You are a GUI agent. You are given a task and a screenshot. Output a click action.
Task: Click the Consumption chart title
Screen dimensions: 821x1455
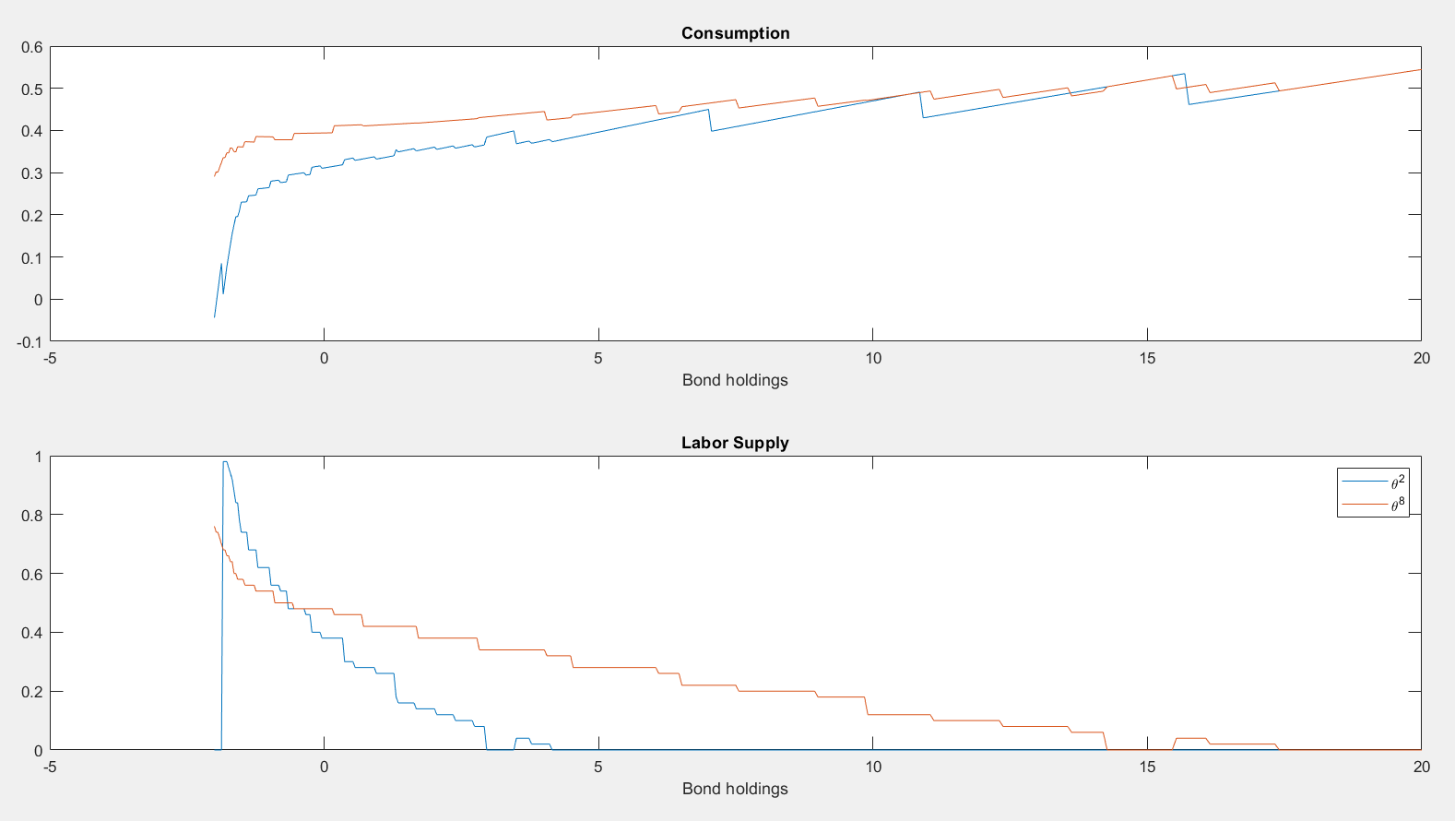(735, 33)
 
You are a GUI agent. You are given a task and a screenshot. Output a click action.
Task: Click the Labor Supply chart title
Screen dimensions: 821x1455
(735, 443)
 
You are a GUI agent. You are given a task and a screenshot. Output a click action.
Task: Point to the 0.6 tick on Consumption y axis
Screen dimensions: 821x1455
(32, 47)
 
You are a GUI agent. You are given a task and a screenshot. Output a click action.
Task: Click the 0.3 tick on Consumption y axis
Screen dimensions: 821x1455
(32, 173)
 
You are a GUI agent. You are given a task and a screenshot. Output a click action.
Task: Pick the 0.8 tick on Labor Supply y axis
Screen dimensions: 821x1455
(32, 515)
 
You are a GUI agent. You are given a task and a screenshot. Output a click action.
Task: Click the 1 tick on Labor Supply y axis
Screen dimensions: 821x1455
(38, 457)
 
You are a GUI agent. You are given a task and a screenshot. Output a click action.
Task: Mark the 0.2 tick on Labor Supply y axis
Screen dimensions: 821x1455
(32, 692)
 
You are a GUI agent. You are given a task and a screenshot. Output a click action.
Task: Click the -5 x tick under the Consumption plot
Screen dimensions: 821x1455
(50, 358)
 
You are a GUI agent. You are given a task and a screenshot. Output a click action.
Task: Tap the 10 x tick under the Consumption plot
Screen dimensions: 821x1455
(872, 358)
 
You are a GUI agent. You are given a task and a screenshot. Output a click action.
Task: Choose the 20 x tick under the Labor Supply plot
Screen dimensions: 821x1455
(1421, 767)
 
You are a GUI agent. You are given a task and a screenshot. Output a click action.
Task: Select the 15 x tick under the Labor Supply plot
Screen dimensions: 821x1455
(1147, 767)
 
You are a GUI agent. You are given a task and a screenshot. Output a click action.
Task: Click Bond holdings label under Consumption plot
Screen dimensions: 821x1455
(735, 380)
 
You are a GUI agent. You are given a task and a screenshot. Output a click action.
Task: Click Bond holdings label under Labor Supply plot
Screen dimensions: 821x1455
(735, 789)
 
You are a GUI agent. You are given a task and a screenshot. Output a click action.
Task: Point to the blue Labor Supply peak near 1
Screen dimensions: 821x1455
(225, 461)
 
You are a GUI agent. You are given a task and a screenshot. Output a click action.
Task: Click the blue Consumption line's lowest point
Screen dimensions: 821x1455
(215, 317)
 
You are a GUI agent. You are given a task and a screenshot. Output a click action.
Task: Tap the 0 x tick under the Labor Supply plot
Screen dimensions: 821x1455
(324, 767)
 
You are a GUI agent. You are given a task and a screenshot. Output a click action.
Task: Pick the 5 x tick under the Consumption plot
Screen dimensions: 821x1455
(598, 358)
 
